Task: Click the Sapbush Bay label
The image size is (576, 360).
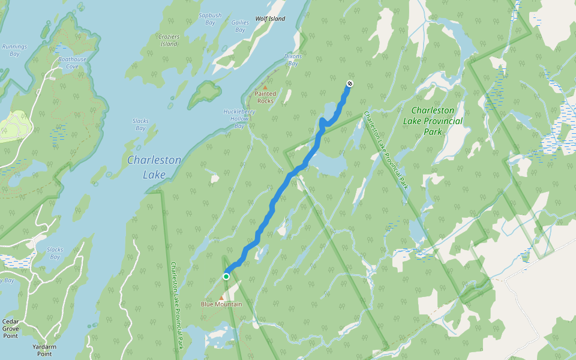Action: (211, 18)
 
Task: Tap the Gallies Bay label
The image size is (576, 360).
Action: (240, 26)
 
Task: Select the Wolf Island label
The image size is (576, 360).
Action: (270, 19)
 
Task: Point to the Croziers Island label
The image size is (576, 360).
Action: (169, 40)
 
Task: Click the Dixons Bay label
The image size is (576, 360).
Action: (293, 60)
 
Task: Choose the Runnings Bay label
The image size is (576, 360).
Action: (11, 50)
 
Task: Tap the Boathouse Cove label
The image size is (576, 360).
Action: (72, 63)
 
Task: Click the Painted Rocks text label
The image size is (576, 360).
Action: (265, 97)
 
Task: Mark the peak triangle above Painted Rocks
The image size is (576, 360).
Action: (265, 88)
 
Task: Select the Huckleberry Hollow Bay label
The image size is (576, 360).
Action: (239, 118)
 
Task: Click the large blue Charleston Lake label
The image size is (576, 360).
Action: (154, 167)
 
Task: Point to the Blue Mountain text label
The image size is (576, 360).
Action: (221, 304)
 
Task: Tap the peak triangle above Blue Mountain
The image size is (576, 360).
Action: (221, 297)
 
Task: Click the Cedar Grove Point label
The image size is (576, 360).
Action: (10, 328)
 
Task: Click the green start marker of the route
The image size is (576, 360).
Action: (226, 277)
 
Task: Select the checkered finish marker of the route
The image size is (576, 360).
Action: (350, 84)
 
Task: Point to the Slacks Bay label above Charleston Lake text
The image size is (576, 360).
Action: (140, 124)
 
